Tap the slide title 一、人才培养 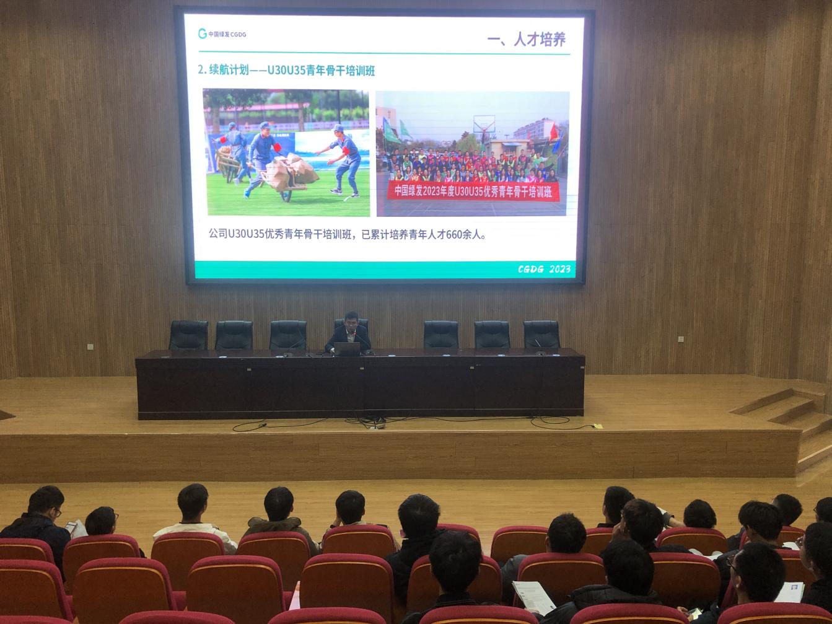(x=526, y=40)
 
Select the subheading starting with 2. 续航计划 (x=286, y=71)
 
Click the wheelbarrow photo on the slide (x=286, y=152)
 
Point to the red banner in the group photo (x=473, y=191)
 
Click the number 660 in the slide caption (x=454, y=235)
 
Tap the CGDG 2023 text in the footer (x=544, y=269)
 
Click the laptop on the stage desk (x=347, y=349)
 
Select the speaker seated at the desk (x=348, y=333)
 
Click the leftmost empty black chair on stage (x=188, y=335)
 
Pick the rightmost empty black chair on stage (x=541, y=335)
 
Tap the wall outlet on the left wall (x=90, y=346)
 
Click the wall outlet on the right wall (x=681, y=339)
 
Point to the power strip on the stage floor (x=375, y=425)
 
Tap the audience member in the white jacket (x=195, y=519)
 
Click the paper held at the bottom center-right (x=533, y=597)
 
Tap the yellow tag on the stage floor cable (x=598, y=426)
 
